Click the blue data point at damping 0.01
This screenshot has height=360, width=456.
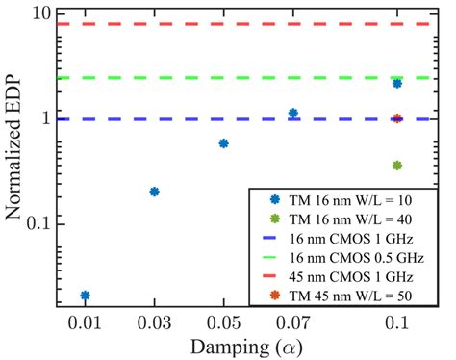[86, 296]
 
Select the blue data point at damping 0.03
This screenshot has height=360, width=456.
[154, 192]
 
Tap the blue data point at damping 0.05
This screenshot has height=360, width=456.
[224, 143]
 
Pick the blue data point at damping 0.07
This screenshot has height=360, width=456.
[293, 114]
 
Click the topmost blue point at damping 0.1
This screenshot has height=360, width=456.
[397, 84]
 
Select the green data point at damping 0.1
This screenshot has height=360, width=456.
[397, 166]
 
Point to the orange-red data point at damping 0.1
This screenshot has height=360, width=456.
[397, 118]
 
